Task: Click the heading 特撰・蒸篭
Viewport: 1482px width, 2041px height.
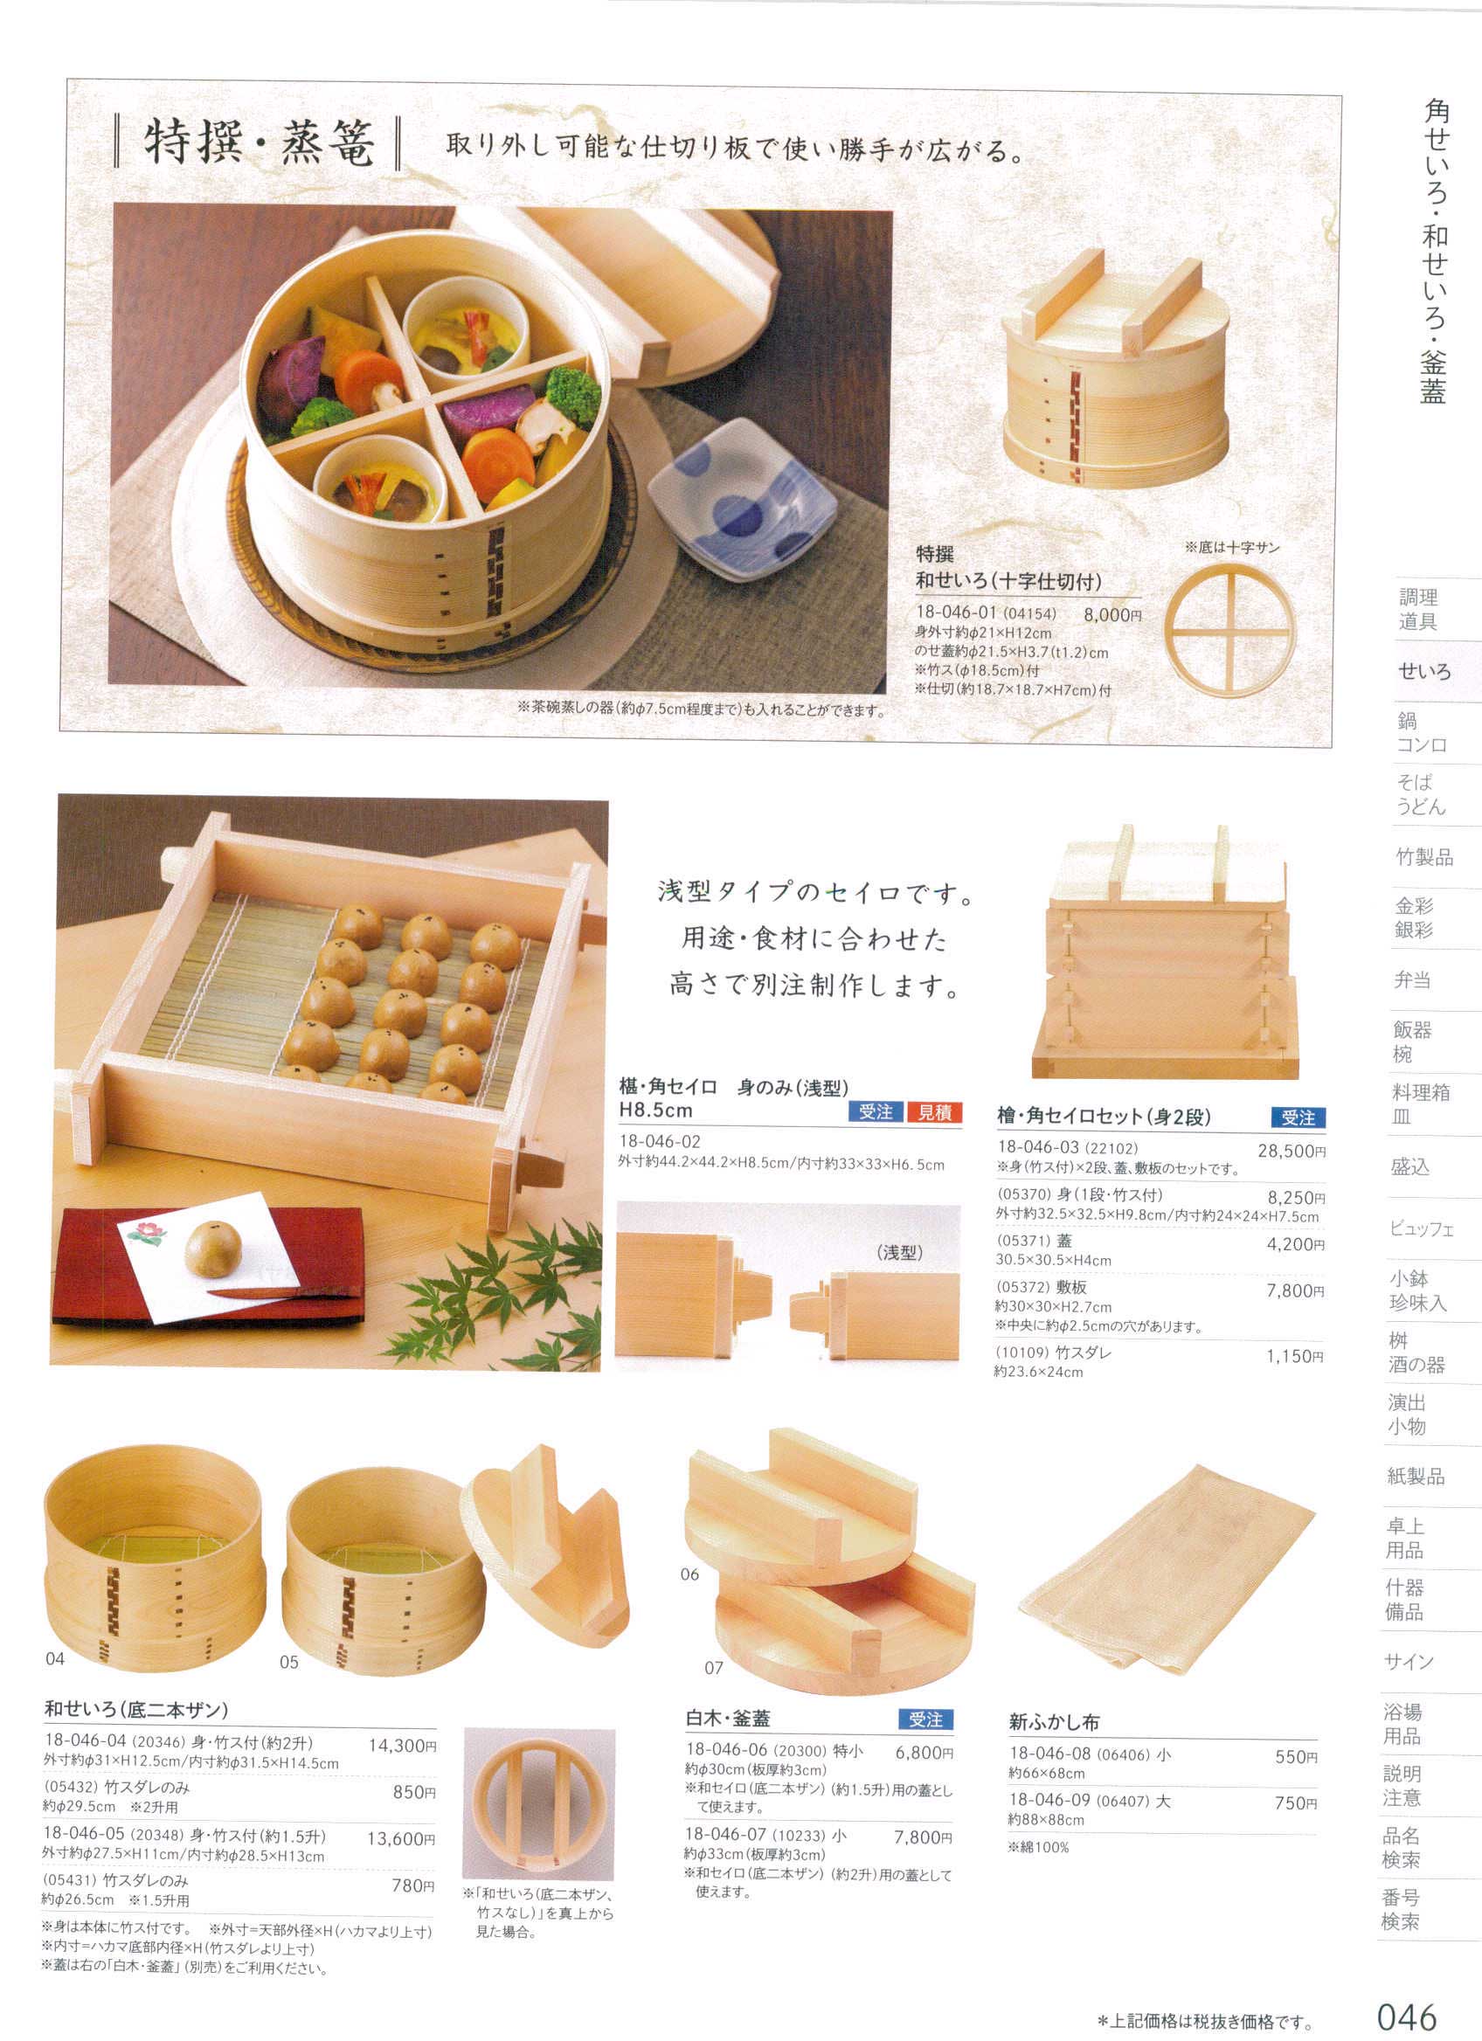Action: click(259, 144)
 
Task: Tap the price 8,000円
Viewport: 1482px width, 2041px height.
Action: click(1112, 616)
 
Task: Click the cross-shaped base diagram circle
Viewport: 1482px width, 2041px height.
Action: click(1229, 627)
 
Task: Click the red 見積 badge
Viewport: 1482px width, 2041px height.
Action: click(934, 1112)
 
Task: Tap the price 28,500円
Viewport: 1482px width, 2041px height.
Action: click(1291, 1151)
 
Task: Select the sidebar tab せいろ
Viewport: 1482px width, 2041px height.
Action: click(1424, 671)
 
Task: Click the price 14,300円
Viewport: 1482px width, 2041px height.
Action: click(402, 1746)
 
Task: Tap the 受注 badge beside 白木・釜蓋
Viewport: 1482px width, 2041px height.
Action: click(925, 1719)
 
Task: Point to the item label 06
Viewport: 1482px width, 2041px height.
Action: click(689, 1574)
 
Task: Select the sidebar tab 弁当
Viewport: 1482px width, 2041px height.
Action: click(1412, 979)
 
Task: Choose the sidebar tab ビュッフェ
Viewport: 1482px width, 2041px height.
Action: click(1422, 1228)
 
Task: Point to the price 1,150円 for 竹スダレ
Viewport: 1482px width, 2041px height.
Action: click(1295, 1356)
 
